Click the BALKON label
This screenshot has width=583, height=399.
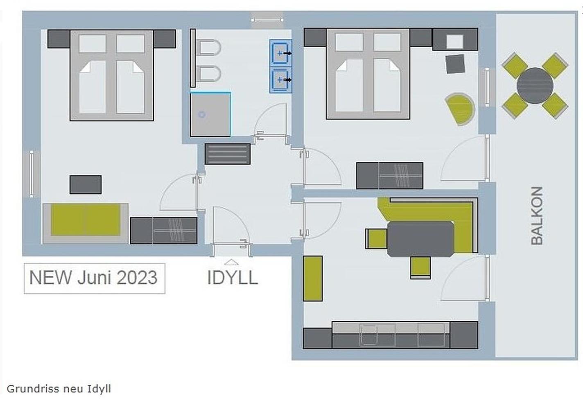click(537, 215)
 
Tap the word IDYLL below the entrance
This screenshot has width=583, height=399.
click(233, 278)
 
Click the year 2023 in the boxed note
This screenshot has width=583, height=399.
click(137, 278)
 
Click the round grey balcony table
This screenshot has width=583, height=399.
click(535, 86)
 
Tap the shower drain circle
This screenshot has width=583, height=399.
click(202, 114)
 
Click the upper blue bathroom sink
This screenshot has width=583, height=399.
click(280, 53)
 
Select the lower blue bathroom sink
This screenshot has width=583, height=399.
click(280, 80)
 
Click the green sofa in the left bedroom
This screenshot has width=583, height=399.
click(86, 223)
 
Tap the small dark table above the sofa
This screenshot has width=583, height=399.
click(86, 184)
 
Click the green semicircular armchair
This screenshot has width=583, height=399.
click(460, 109)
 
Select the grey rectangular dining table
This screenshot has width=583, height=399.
click(420, 239)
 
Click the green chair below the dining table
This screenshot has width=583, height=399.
click(420, 268)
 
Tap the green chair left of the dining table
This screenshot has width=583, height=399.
click(376, 239)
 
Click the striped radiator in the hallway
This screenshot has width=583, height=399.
click(228, 154)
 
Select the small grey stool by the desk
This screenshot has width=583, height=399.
click(455, 63)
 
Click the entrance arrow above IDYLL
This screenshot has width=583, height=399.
click(231, 262)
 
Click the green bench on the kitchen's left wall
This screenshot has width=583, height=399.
click(312, 279)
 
